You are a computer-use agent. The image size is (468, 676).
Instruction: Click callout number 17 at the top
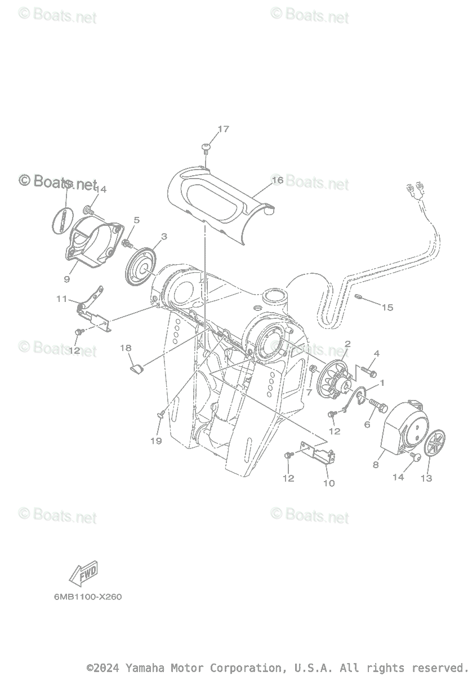(223, 129)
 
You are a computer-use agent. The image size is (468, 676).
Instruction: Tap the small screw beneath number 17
(206, 148)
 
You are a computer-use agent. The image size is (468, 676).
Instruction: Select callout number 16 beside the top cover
(277, 180)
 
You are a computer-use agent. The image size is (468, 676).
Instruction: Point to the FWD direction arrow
(83, 573)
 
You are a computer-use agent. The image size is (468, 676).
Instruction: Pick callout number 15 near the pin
(387, 308)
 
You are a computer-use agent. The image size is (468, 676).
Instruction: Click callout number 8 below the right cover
(376, 465)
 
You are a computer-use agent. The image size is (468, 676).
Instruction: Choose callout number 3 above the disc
(163, 237)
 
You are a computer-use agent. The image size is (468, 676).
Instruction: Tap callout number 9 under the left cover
(67, 279)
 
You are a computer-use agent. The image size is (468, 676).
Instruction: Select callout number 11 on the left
(61, 299)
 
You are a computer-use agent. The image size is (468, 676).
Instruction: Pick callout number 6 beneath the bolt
(367, 424)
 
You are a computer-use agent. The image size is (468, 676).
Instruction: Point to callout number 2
(347, 344)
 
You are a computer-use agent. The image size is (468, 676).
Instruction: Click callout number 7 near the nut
(309, 392)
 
